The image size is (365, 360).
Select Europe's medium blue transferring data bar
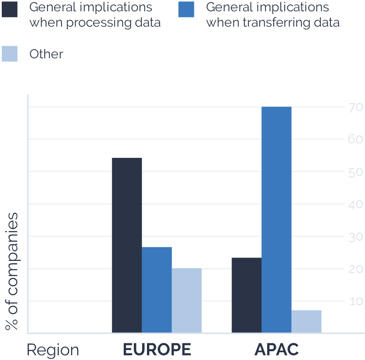tap(157, 289)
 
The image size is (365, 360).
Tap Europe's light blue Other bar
tap(186, 300)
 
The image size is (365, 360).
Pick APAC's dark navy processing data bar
tap(246, 295)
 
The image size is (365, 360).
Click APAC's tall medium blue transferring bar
tap(276, 219)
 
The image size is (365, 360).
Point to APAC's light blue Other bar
tap(306, 321)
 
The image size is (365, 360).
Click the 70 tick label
tap(355, 107)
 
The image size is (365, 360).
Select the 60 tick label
tap(355, 140)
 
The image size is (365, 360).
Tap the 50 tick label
tap(355, 172)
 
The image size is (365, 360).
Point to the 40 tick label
tap(355, 204)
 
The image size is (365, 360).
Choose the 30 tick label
tap(355, 237)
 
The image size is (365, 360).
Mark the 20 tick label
tap(355, 269)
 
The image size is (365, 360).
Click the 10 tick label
tap(355, 301)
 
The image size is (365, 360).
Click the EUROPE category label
tap(157, 349)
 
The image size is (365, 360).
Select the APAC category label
tap(276, 349)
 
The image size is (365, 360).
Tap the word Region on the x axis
tap(53, 350)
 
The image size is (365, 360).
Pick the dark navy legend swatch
tap(10, 9)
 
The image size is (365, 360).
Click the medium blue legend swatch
tap(186, 9)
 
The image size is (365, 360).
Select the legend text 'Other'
tap(46, 54)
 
